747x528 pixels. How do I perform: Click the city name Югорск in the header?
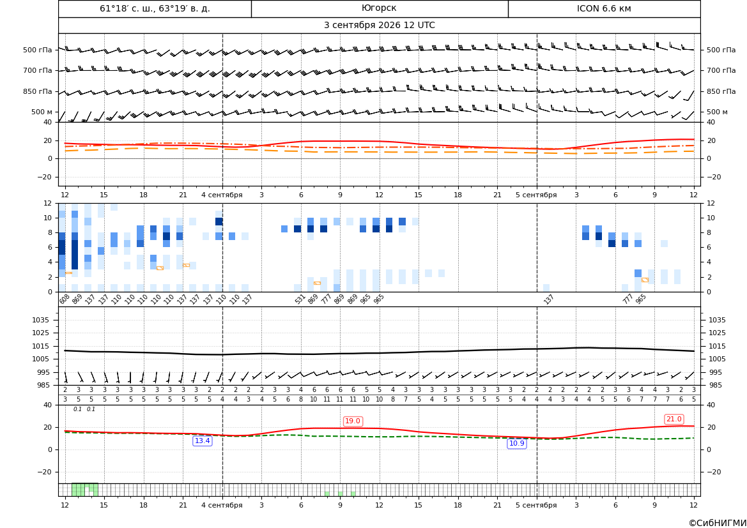tap(379, 8)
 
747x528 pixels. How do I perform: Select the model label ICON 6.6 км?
tap(604, 8)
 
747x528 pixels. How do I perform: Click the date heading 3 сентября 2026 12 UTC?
tap(379, 26)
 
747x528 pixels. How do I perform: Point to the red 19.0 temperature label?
tap(353, 421)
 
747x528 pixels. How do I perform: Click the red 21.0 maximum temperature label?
tap(674, 419)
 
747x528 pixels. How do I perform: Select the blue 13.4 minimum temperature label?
tap(202, 441)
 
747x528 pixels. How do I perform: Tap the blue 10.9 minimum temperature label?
tap(516, 443)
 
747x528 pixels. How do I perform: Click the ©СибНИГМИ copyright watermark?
tap(718, 523)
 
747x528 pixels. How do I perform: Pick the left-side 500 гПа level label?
tap(37, 50)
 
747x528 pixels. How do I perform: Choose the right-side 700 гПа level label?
tap(721, 70)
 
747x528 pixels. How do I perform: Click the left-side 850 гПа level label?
tap(37, 91)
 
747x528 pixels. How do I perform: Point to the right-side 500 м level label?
tap(717, 112)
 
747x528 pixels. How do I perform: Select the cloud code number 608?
tap(65, 299)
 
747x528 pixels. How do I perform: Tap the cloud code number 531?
tap(300, 299)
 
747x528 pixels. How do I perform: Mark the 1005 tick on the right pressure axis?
tap(717, 359)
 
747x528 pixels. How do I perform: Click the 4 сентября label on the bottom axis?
tap(222, 505)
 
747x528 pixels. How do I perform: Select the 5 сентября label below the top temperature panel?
tap(536, 195)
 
